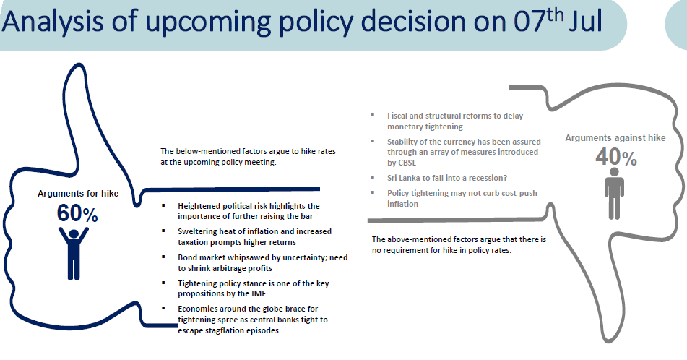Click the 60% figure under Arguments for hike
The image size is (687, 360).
77,213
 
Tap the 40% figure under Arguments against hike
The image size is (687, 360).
616,157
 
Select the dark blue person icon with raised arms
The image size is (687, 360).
74,253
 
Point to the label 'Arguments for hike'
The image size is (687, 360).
78,194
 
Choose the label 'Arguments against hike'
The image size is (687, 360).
615,137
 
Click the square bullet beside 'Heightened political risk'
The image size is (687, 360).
164,205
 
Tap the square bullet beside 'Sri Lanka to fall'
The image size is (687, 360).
373,177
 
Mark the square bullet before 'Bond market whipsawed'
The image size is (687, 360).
164,257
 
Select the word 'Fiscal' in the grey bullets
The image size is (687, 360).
397,116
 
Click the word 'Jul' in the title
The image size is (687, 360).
586,21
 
